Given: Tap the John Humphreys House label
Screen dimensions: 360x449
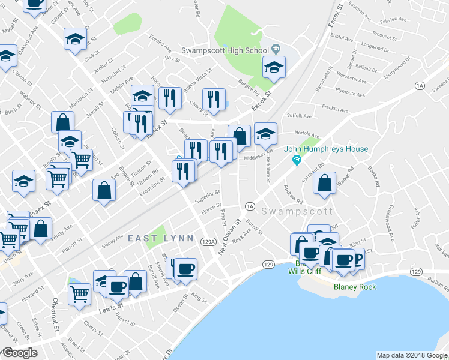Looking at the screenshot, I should [334, 149].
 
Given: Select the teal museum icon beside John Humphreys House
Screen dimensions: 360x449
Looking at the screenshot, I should [295, 159].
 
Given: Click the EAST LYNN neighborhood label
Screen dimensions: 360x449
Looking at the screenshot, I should [161, 238].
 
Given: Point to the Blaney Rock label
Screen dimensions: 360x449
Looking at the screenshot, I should [355, 287].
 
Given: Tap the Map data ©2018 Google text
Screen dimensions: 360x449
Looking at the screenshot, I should [412, 355].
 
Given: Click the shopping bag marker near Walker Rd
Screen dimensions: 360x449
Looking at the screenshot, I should [324, 185].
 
